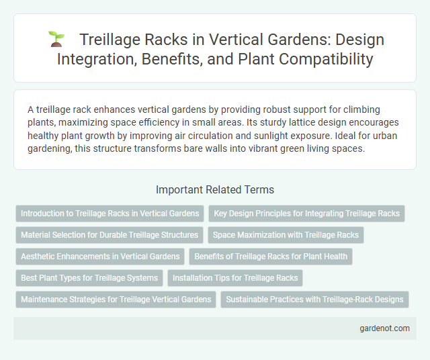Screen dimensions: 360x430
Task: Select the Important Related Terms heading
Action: [214, 189]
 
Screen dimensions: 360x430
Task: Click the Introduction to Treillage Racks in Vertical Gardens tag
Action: [110, 214]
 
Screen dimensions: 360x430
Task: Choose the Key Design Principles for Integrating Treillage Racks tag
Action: [306, 214]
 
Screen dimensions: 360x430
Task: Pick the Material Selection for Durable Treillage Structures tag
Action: [110, 235]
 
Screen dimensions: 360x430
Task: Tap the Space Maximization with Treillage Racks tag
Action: [286, 235]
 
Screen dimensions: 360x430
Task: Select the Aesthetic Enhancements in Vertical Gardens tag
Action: [100, 256]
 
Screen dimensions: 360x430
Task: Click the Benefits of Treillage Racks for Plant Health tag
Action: [271, 256]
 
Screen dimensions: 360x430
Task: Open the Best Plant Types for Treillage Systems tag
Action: [89, 277]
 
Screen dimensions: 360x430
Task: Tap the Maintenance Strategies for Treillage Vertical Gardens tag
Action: [116, 299]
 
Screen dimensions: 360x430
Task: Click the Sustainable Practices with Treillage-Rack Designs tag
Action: [314, 299]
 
